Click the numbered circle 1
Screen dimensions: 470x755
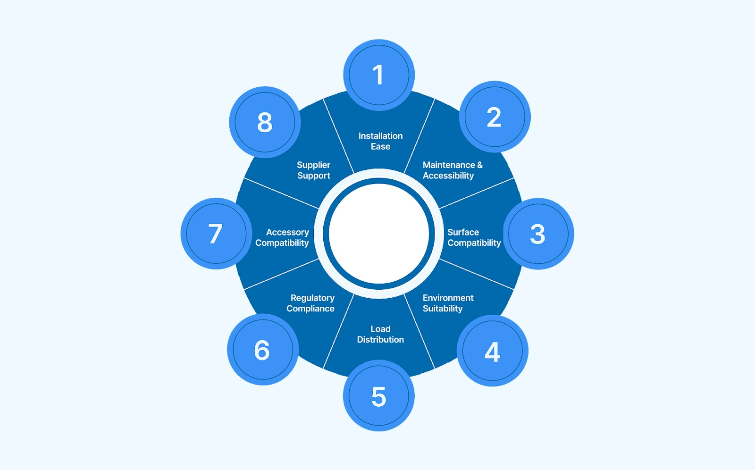click(x=378, y=75)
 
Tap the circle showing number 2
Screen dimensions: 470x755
click(x=495, y=117)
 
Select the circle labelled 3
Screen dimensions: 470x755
click(x=538, y=234)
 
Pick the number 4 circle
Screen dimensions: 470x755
click(x=492, y=351)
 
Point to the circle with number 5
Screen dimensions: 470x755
click(x=378, y=396)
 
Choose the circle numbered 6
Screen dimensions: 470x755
click(x=262, y=350)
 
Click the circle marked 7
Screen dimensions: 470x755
click(x=216, y=234)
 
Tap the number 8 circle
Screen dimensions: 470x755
click(x=265, y=122)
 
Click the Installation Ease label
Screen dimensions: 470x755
click(x=380, y=141)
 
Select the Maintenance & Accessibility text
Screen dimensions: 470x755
click(x=452, y=170)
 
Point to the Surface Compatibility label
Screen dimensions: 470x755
click(x=474, y=237)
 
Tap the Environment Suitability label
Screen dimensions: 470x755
click(x=447, y=303)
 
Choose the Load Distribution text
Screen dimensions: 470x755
click(x=380, y=334)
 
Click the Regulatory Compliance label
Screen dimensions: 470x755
click(x=311, y=303)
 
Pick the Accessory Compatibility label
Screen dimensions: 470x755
click(x=283, y=237)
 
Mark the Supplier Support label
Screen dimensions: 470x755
click(x=314, y=170)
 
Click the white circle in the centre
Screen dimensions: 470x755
click(x=378, y=234)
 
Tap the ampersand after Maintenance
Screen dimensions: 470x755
click(x=480, y=165)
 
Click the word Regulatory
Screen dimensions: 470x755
click(x=312, y=298)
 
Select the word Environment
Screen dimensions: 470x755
click(x=448, y=298)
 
